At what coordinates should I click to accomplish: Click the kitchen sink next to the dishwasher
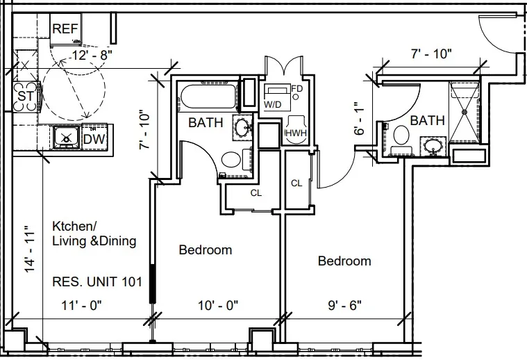[67, 138]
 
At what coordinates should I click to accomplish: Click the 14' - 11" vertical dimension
[28, 248]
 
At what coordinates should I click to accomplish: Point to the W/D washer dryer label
[273, 104]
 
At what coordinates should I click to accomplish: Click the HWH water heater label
[296, 133]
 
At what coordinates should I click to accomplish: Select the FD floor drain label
[296, 89]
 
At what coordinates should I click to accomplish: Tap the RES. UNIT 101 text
[97, 282]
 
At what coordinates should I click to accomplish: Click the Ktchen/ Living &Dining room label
[94, 234]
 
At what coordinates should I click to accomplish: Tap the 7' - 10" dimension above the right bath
[431, 53]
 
